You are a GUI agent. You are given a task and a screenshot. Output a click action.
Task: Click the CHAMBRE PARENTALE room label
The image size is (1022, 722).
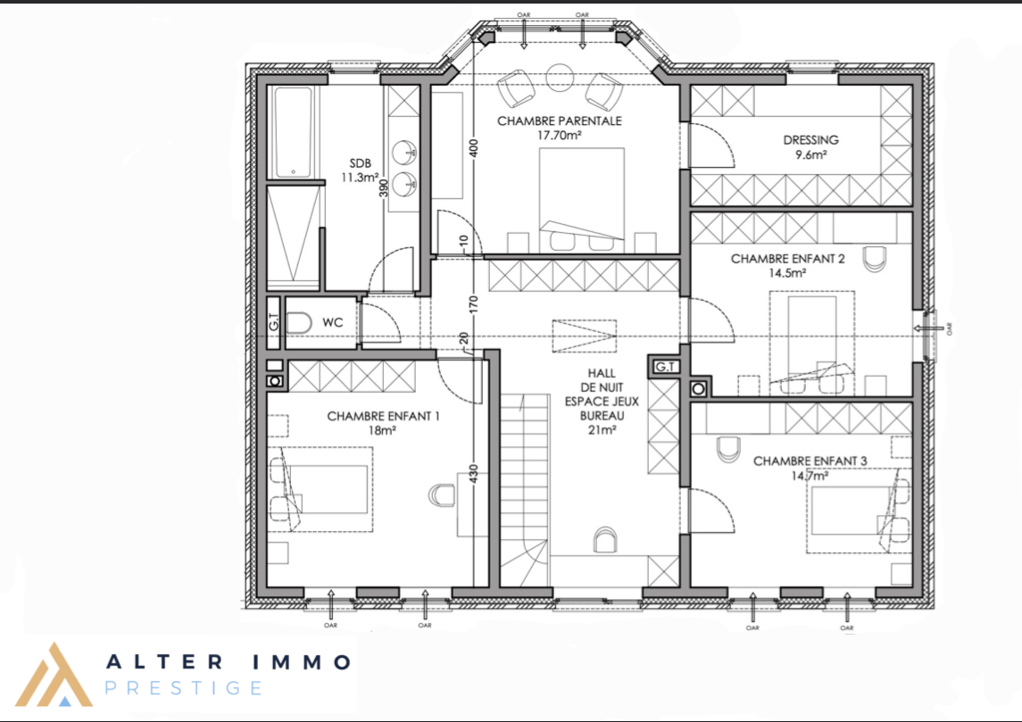coord(560,121)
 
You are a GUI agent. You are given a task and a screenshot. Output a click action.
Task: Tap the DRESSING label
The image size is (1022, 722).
coord(810,140)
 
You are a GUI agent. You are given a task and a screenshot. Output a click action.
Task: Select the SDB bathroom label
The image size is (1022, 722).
coord(360,163)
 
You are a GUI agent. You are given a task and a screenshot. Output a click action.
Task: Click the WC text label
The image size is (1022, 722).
coord(332,322)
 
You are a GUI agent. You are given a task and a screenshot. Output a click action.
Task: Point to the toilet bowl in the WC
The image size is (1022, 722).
coord(299,323)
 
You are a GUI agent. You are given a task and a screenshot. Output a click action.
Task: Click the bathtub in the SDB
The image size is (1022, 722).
coord(294,132)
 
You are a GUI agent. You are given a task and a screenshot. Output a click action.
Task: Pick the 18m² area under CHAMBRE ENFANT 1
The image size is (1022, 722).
coord(382,431)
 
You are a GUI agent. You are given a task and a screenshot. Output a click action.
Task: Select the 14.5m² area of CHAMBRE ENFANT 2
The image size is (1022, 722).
coord(786,273)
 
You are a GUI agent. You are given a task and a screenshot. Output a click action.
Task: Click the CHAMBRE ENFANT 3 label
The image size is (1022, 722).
coord(810,461)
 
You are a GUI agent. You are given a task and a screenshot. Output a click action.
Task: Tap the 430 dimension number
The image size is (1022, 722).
coord(474,473)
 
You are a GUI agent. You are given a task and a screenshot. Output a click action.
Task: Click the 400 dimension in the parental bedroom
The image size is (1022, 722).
coord(474,148)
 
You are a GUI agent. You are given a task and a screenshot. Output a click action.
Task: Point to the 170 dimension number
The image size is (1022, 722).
coord(474,303)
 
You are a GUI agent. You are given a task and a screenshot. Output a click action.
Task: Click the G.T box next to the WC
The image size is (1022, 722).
coord(274,322)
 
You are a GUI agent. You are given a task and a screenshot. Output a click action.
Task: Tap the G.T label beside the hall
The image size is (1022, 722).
coord(664,367)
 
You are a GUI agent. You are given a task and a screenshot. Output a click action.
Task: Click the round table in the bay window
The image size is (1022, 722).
coord(560,78)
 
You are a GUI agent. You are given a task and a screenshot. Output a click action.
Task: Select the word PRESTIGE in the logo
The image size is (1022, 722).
coord(184,688)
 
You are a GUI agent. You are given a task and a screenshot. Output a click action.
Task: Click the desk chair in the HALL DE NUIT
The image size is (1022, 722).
coord(605,539)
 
